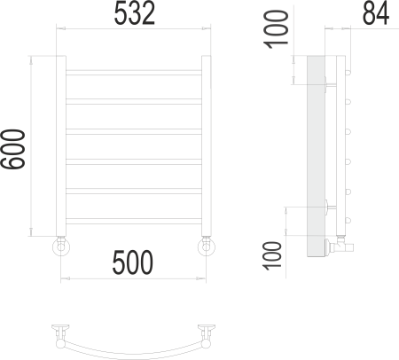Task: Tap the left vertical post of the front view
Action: tap(61, 146)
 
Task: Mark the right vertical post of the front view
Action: tap(207, 146)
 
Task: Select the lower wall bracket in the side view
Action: tap(329, 209)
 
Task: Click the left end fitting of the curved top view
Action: tap(60, 334)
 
